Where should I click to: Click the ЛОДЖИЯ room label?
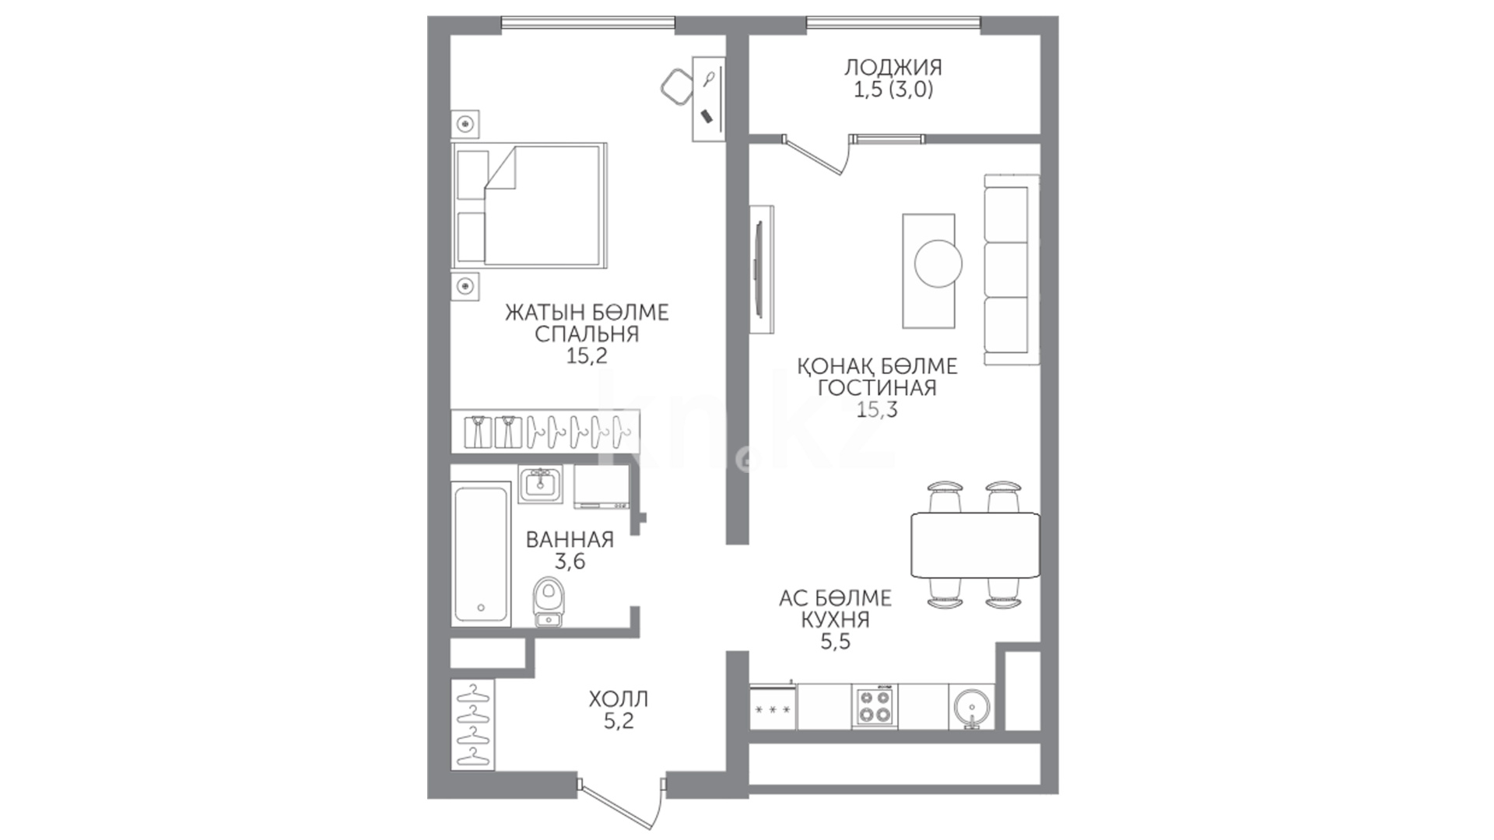click(x=893, y=68)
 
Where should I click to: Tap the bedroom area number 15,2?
click(x=587, y=356)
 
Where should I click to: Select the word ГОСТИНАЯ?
click(x=877, y=387)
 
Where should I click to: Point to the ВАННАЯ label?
click(x=570, y=539)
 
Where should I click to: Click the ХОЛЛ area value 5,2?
click(x=619, y=721)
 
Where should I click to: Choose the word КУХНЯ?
click(x=835, y=620)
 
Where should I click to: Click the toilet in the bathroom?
click(x=549, y=601)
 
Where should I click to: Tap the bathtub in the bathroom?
click(x=482, y=554)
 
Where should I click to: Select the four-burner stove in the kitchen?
click(x=875, y=706)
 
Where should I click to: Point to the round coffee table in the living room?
click(x=938, y=264)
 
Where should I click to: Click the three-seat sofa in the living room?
click(x=1012, y=269)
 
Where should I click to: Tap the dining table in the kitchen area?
click(x=975, y=545)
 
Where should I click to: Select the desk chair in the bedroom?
click(x=677, y=86)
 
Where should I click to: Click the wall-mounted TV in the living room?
click(x=761, y=269)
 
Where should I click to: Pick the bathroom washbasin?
click(x=540, y=485)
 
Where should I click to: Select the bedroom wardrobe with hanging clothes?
click(x=545, y=431)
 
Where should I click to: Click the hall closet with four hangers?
click(x=472, y=725)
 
